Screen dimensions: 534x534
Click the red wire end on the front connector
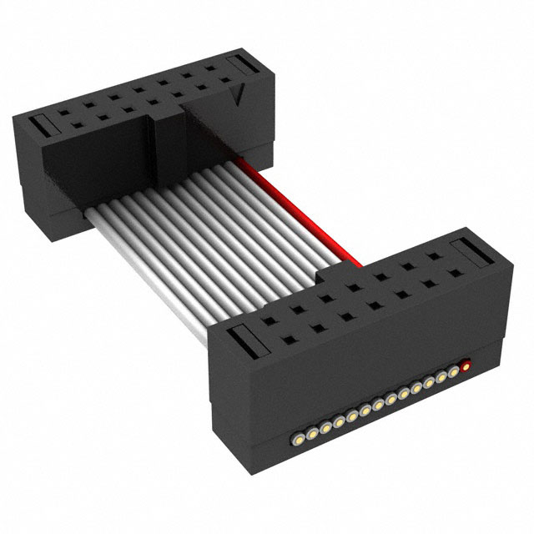465,365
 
